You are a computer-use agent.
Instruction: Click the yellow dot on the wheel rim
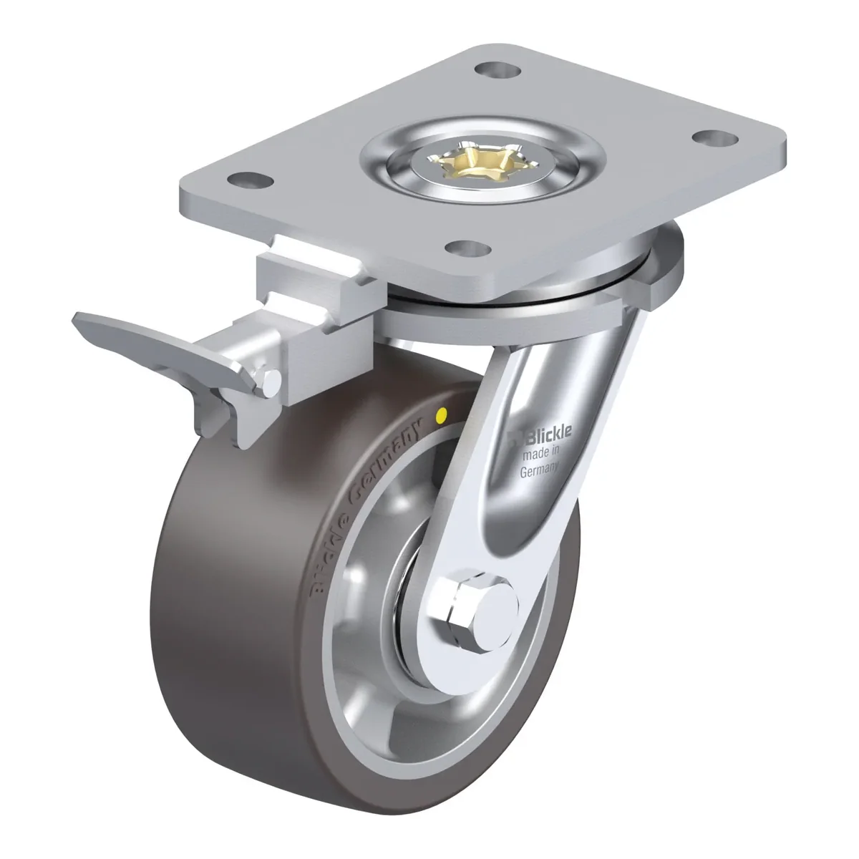[x=442, y=416]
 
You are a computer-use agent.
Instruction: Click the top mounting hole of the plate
[x=498, y=70]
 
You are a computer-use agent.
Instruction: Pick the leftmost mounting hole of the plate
[x=250, y=180]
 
